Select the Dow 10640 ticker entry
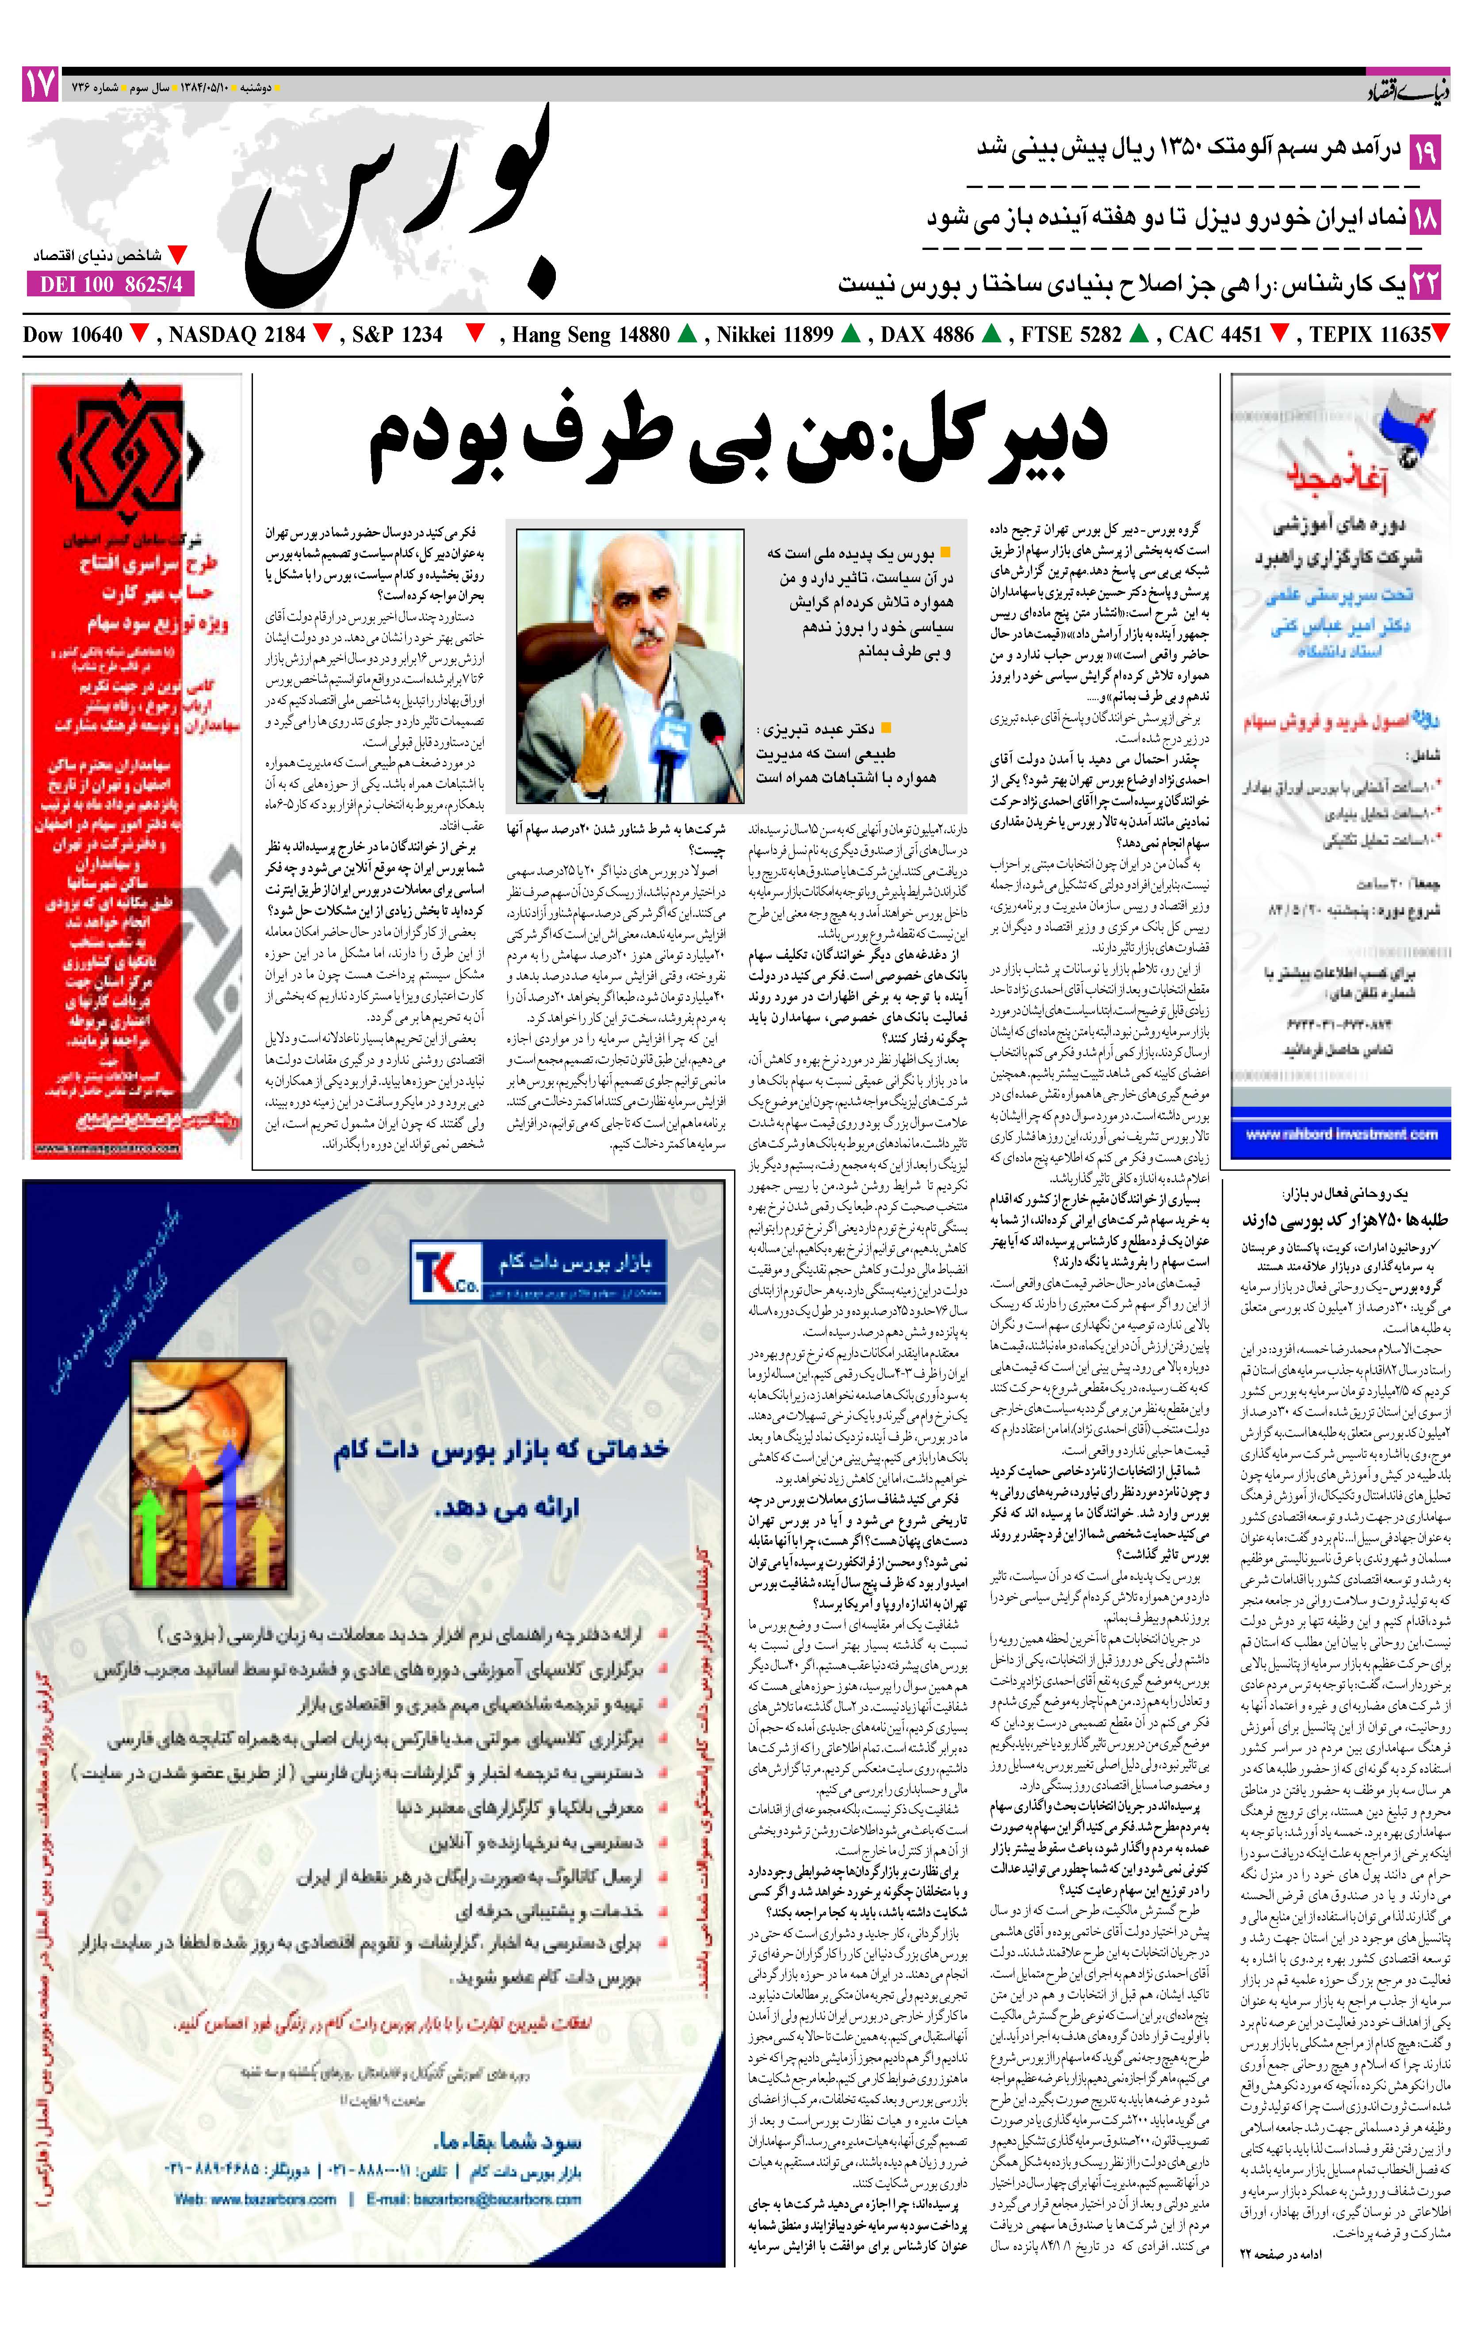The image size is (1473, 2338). click(73, 335)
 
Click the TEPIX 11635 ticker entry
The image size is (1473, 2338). click(1369, 335)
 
